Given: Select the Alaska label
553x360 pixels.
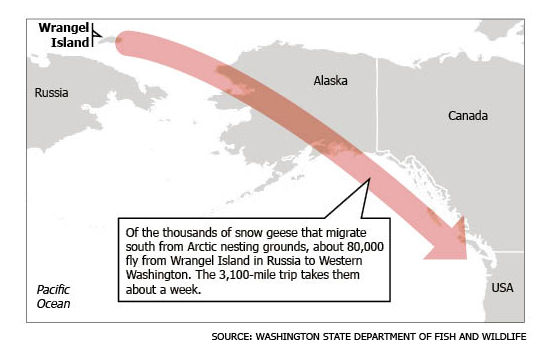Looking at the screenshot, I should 330,80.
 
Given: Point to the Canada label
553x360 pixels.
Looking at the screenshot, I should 467,116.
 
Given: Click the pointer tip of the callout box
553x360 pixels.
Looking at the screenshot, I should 371,178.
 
